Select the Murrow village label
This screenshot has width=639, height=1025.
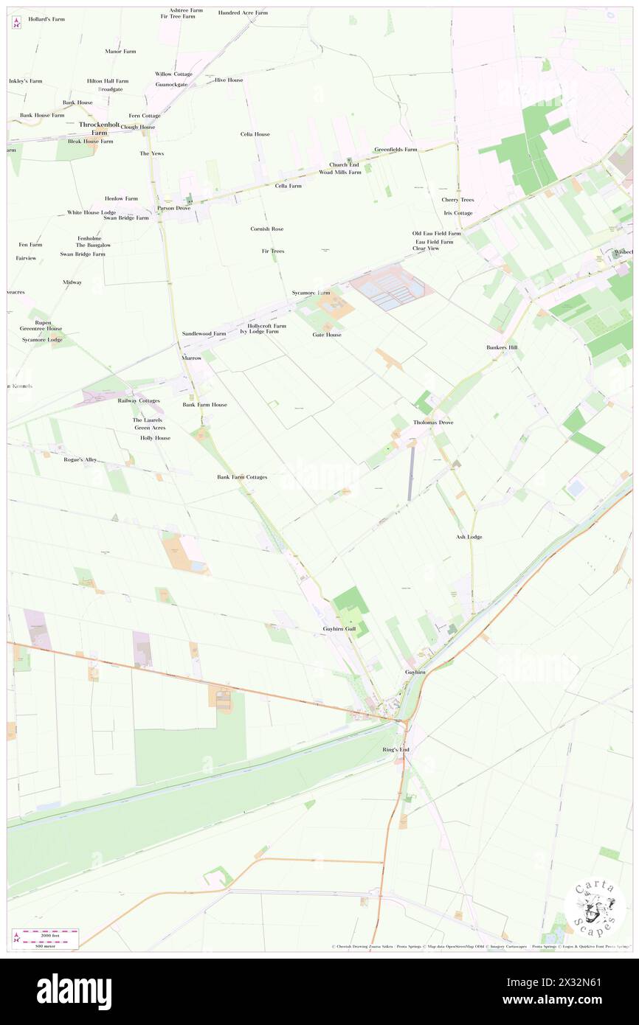tap(192, 358)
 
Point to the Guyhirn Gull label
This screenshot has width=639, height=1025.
tap(339, 628)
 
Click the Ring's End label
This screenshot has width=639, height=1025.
tap(396, 749)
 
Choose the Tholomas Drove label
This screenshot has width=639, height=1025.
tap(433, 423)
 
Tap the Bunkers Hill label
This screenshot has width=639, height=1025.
tap(502, 347)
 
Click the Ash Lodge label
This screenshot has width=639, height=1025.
tap(469, 537)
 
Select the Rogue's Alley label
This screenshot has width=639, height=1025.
tap(80, 459)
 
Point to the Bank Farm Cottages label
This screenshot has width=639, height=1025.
tap(242, 477)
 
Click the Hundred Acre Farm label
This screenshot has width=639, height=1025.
tap(243, 13)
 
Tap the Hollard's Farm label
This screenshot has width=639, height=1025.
tap(46, 18)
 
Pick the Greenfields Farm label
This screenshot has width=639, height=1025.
tap(396, 149)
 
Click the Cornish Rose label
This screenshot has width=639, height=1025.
tap(266, 229)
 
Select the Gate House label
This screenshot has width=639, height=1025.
tap(327, 335)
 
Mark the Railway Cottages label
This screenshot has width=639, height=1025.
tap(139, 400)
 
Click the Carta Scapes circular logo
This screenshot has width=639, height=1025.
tap(595, 908)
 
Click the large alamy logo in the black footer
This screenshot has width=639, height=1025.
tap(74, 991)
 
